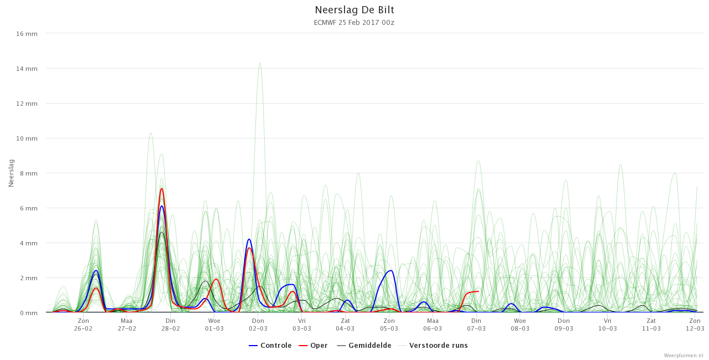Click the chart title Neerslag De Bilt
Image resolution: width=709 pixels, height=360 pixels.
tap(354, 10)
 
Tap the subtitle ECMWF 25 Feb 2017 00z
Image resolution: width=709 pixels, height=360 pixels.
tap(354, 23)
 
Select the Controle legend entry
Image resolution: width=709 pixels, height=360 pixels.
tap(270, 346)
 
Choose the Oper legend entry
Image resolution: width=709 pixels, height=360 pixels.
tap(313, 346)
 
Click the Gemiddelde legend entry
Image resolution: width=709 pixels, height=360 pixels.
tap(364, 346)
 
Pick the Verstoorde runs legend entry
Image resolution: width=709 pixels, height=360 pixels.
tap(433, 346)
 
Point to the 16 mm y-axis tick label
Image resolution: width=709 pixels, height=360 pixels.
tap(27, 34)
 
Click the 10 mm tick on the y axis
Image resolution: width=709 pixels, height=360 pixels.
tap(27, 138)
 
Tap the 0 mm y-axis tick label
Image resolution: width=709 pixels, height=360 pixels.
tap(28, 313)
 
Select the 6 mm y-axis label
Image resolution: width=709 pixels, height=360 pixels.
tap(28, 208)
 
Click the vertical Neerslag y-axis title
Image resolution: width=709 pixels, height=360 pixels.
tap(11, 173)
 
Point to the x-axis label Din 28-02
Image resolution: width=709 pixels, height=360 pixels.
tap(171, 325)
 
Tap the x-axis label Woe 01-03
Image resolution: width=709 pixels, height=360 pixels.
tap(214, 325)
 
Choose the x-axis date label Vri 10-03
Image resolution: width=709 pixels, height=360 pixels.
tap(608, 325)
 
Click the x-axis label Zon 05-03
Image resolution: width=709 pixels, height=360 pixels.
tap(389, 325)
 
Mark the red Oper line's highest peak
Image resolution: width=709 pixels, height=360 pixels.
tap(162, 188)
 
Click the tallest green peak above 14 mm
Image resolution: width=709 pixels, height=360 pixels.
tap(260, 63)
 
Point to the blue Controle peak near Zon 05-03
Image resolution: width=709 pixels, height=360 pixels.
tap(391, 270)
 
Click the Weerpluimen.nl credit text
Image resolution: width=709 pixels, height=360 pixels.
tap(685, 356)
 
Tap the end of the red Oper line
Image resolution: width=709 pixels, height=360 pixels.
tap(478, 291)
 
